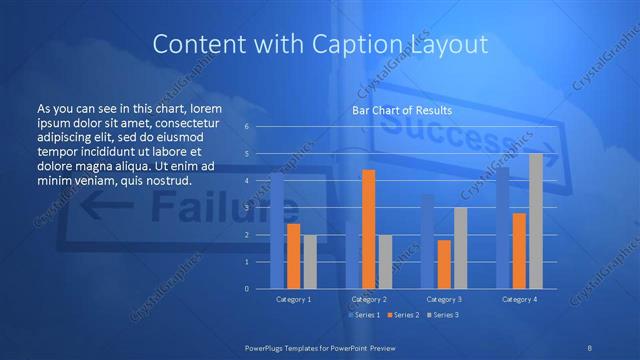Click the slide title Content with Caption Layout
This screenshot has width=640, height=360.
(x=319, y=44)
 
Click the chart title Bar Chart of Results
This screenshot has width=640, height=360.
(x=401, y=110)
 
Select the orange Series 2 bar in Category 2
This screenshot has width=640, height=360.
(x=368, y=229)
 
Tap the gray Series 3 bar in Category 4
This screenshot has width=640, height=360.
(x=535, y=221)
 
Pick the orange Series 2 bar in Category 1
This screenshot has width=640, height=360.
(x=293, y=256)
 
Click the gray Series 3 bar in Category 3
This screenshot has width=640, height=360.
(x=460, y=248)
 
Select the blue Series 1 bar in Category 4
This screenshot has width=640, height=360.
(x=503, y=228)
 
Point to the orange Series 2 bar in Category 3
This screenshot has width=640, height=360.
(x=444, y=264)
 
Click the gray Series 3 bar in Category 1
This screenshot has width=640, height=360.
(x=310, y=262)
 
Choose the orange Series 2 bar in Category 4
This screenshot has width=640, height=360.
(x=519, y=250)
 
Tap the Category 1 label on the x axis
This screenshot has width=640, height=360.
(x=293, y=299)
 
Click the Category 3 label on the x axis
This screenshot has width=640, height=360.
(x=444, y=299)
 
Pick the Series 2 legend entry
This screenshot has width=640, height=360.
(x=402, y=315)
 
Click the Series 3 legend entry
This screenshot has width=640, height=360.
(x=443, y=315)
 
